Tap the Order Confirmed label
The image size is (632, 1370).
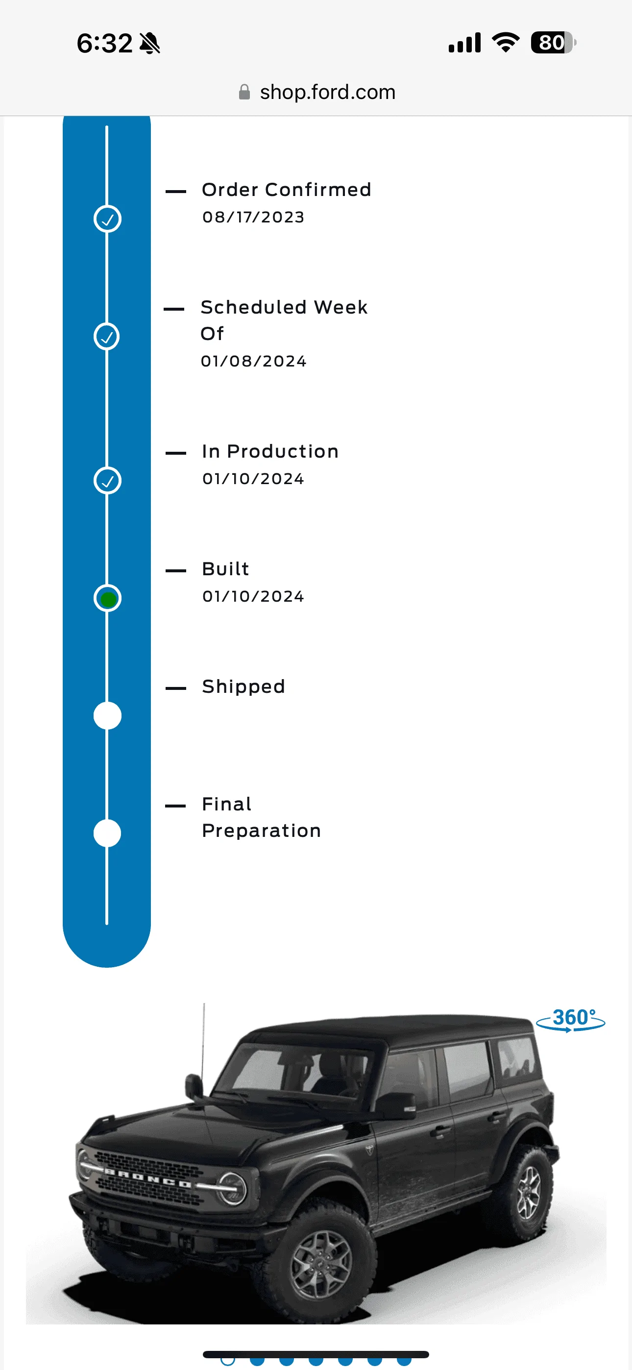pos(286,189)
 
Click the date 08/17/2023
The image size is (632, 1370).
pos(253,217)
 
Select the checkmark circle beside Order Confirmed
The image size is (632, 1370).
pos(107,219)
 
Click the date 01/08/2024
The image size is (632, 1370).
pos(253,361)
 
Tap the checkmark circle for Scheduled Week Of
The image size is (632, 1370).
pos(107,337)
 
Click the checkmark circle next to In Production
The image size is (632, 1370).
pos(107,481)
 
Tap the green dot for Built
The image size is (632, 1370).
pos(108,599)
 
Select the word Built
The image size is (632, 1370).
pos(225,568)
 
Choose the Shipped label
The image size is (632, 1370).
pos(243,686)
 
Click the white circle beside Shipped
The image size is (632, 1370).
pos(107,716)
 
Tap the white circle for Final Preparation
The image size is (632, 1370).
pos(107,833)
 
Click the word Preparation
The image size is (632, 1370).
pos(261,830)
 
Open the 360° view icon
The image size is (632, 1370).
pos(571,1020)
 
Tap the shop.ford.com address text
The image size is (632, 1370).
pos(328,92)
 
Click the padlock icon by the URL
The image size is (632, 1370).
pos(244,92)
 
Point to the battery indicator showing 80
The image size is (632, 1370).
pos(553,43)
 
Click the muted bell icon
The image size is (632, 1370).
pos(150,43)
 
